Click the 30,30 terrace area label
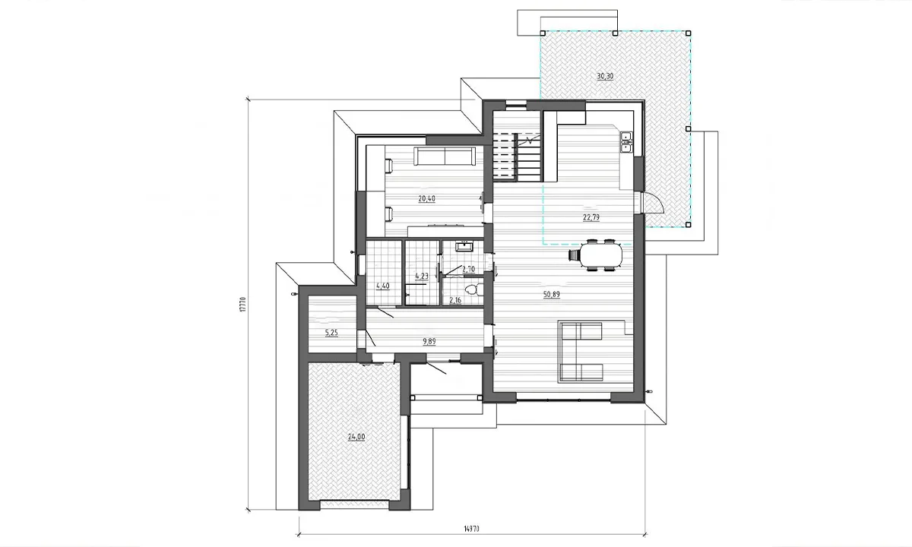[605, 76]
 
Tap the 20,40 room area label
[426, 198]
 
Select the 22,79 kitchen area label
[591, 217]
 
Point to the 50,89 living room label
[552, 295]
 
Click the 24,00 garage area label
[356, 437]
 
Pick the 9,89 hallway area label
[429, 341]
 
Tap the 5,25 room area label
[331, 333]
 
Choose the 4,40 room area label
[383, 286]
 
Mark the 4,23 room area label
[422, 276]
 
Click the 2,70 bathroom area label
[469, 269]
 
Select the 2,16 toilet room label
[455, 300]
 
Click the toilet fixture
[475, 289]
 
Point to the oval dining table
[601, 255]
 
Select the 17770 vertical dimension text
[243, 305]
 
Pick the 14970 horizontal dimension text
[471, 529]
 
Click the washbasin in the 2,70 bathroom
[464, 247]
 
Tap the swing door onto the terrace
[652, 203]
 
